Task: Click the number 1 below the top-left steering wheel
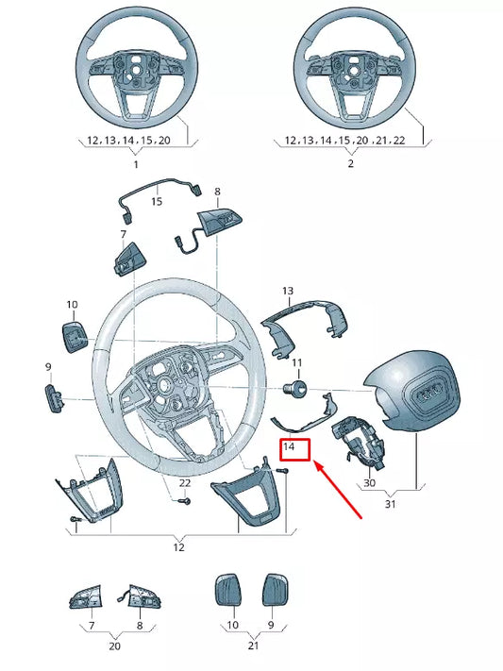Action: click(x=134, y=164)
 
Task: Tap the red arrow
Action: click(x=341, y=487)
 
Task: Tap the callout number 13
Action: click(x=288, y=291)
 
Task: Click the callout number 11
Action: click(x=296, y=362)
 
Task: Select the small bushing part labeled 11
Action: click(x=295, y=386)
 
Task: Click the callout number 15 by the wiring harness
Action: click(x=157, y=201)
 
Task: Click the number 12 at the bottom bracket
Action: click(x=178, y=547)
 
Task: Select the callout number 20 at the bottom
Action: click(x=113, y=646)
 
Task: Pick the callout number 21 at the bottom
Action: click(x=251, y=646)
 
